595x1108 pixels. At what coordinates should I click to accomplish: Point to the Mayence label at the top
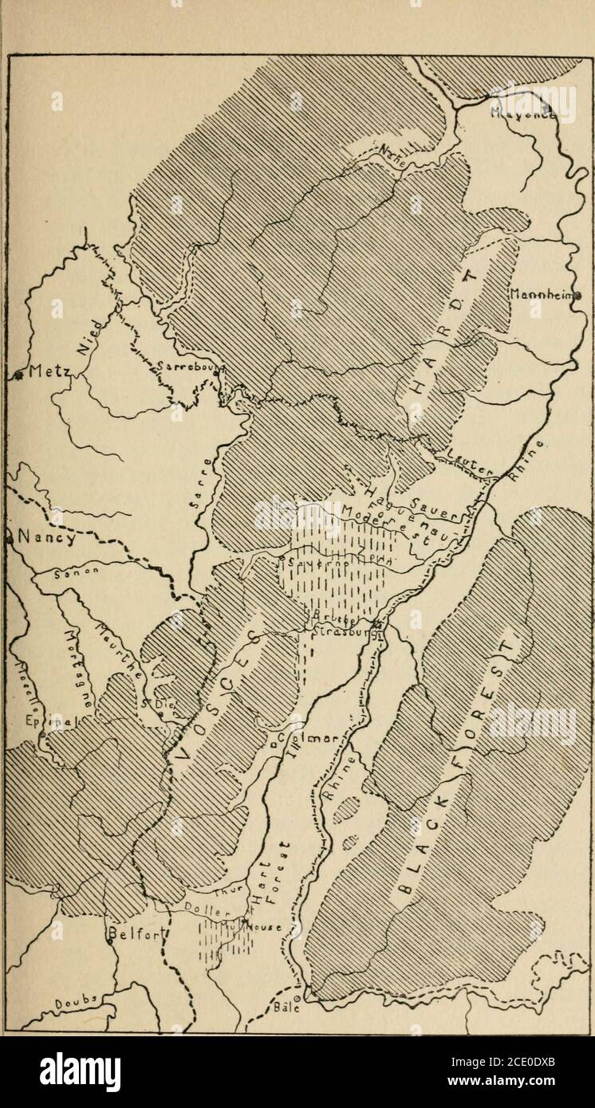point(522,113)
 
